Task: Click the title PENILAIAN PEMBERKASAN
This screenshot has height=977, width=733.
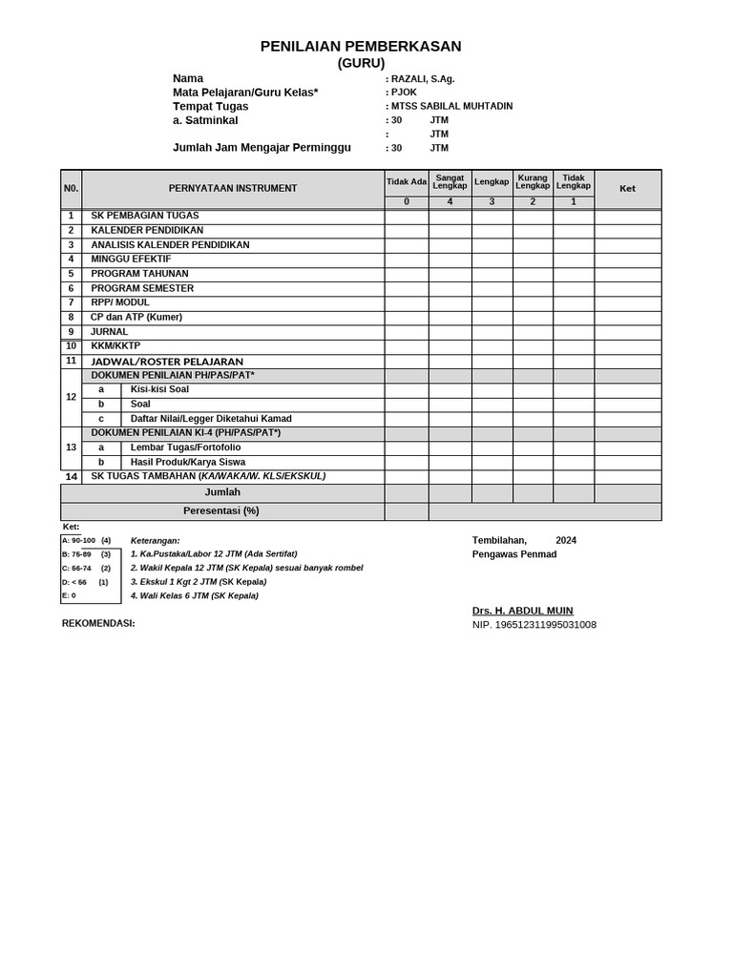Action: click(x=361, y=46)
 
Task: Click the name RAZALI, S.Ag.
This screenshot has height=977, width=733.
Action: click(x=424, y=79)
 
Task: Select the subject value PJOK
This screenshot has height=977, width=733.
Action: click(x=404, y=93)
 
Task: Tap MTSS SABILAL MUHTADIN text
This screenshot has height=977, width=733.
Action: click(x=451, y=106)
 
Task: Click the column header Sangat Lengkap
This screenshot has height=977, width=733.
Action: click(x=450, y=181)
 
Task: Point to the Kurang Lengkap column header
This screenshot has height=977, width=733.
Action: click(x=533, y=181)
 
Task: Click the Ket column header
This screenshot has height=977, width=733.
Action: click(x=627, y=189)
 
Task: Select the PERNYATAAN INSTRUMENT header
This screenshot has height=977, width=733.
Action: click(x=233, y=189)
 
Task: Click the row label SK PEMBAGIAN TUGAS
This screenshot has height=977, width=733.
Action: click(x=145, y=216)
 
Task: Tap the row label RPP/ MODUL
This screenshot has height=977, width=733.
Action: click(x=120, y=302)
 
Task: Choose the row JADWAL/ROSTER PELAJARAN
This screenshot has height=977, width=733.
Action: click(x=167, y=362)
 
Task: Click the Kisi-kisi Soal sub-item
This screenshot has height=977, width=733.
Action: click(x=159, y=389)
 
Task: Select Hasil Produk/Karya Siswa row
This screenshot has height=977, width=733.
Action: click(x=187, y=462)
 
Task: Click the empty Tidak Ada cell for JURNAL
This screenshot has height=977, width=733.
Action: click(x=406, y=332)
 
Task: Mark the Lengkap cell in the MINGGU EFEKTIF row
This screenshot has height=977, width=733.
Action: click(x=492, y=260)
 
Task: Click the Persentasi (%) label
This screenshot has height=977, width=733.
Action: click(x=221, y=510)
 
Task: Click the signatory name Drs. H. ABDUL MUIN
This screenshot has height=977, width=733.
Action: click(x=522, y=611)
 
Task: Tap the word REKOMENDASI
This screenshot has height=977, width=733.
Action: click(x=98, y=623)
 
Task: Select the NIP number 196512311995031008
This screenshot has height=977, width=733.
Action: click(x=534, y=625)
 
